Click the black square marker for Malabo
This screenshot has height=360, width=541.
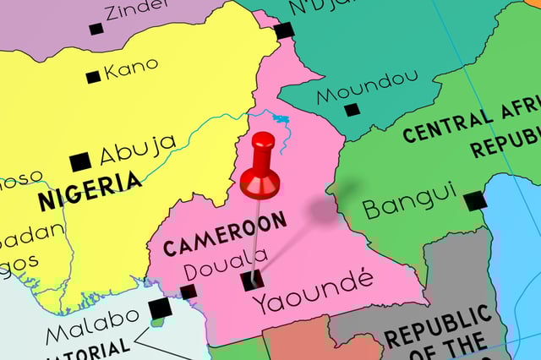pos(159,309)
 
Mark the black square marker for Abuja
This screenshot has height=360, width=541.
pos(80,161)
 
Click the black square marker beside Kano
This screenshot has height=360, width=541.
pos(93,77)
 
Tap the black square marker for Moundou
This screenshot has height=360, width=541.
pos(352,109)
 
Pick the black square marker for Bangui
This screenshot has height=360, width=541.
pos(475,200)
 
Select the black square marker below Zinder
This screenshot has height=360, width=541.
pos(96,29)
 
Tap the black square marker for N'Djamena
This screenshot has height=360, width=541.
pos(283,31)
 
